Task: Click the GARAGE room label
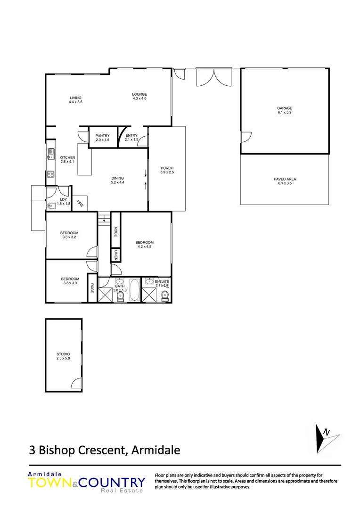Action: click(284, 108)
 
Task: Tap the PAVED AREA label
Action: click(285, 179)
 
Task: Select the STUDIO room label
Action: click(63, 354)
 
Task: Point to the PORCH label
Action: click(167, 168)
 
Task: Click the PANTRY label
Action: click(102, 136)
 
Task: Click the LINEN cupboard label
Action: click(114, 255)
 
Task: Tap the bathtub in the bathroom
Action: click(134, 291)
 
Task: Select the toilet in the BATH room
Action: click(120, 295)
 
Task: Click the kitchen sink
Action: click(50, 153)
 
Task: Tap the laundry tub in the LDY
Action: click(51, 205)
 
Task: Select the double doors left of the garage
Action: click(214, 77)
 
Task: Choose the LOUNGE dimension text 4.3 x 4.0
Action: click(139, 99)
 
